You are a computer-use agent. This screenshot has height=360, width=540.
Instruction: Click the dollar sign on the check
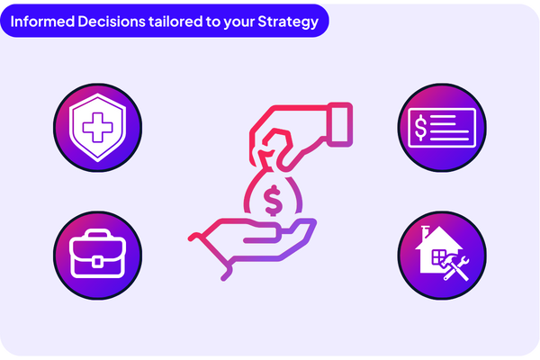[419, 127]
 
